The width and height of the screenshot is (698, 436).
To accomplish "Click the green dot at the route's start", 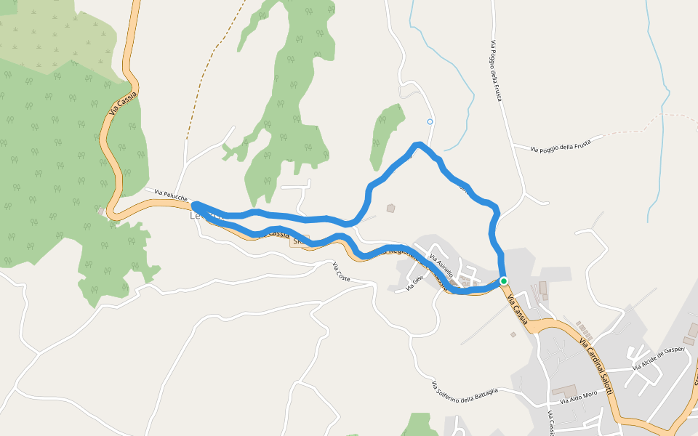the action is click(503, 280).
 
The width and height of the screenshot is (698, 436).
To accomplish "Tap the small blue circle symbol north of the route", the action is click(430, 121).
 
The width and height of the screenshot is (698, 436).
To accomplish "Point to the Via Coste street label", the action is click(342, 272).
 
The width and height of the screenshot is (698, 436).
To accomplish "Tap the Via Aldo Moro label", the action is click(579, 397).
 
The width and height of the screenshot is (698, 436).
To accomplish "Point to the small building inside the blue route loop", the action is click(390, 209).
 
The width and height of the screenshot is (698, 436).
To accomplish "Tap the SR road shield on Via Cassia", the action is click(300, 239).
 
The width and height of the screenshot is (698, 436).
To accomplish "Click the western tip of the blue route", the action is click(195, 206).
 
